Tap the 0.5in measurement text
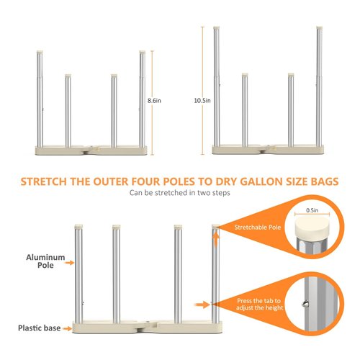(x=312, y=211)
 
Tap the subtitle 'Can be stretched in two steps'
(x=179, y=194)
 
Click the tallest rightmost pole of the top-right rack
(x=318, y=86)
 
